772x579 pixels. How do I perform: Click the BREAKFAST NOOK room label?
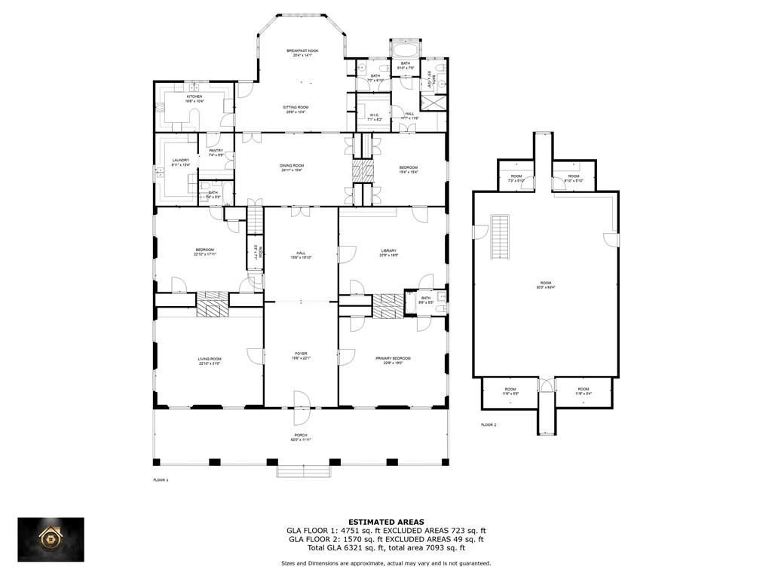coord(302,51)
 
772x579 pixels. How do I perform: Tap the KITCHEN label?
coord(195,96)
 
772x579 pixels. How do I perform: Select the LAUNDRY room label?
coord(180,160)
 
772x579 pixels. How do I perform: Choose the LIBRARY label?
coord(388,251)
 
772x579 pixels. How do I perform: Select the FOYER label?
coord(301,354)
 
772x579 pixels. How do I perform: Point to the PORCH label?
coord(301,435)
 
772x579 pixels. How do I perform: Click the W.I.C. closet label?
coord(375,115)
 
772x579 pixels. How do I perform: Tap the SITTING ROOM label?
coord(296,107)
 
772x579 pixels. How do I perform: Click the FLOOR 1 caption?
coord(161,479)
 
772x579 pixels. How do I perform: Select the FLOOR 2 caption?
coord(489,424)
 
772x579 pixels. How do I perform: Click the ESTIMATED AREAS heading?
coord(385,522)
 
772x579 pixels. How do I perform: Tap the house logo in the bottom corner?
coord(51,539)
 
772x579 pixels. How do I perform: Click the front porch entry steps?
coord(304,472)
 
